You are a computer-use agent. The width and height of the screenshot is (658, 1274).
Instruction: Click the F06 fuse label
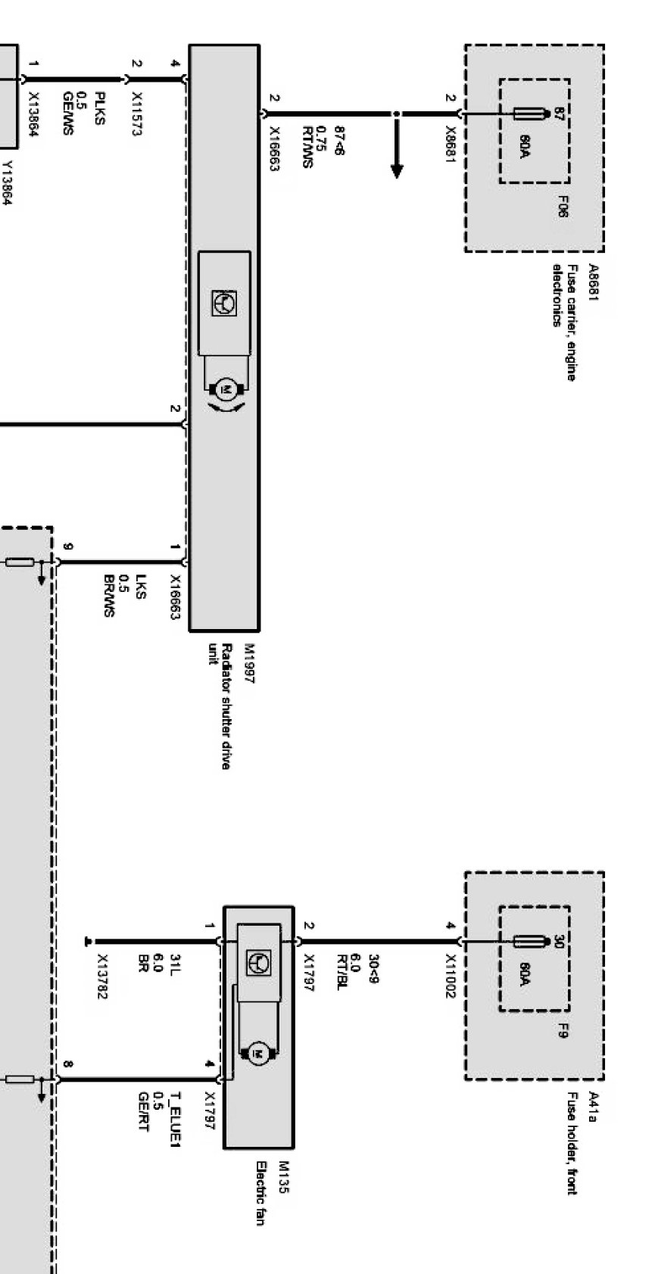tap(563, 207)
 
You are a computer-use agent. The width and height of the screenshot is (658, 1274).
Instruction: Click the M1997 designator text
tap(249, 664)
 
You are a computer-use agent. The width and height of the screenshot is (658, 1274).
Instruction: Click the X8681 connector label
tap(452, 142)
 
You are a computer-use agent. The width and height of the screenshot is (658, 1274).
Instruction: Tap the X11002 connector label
tap(452, 976)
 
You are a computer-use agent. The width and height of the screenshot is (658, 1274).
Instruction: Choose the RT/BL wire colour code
tap(341, 971)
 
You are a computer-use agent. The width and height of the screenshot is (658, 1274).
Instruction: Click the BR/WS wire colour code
tap(108, 596)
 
